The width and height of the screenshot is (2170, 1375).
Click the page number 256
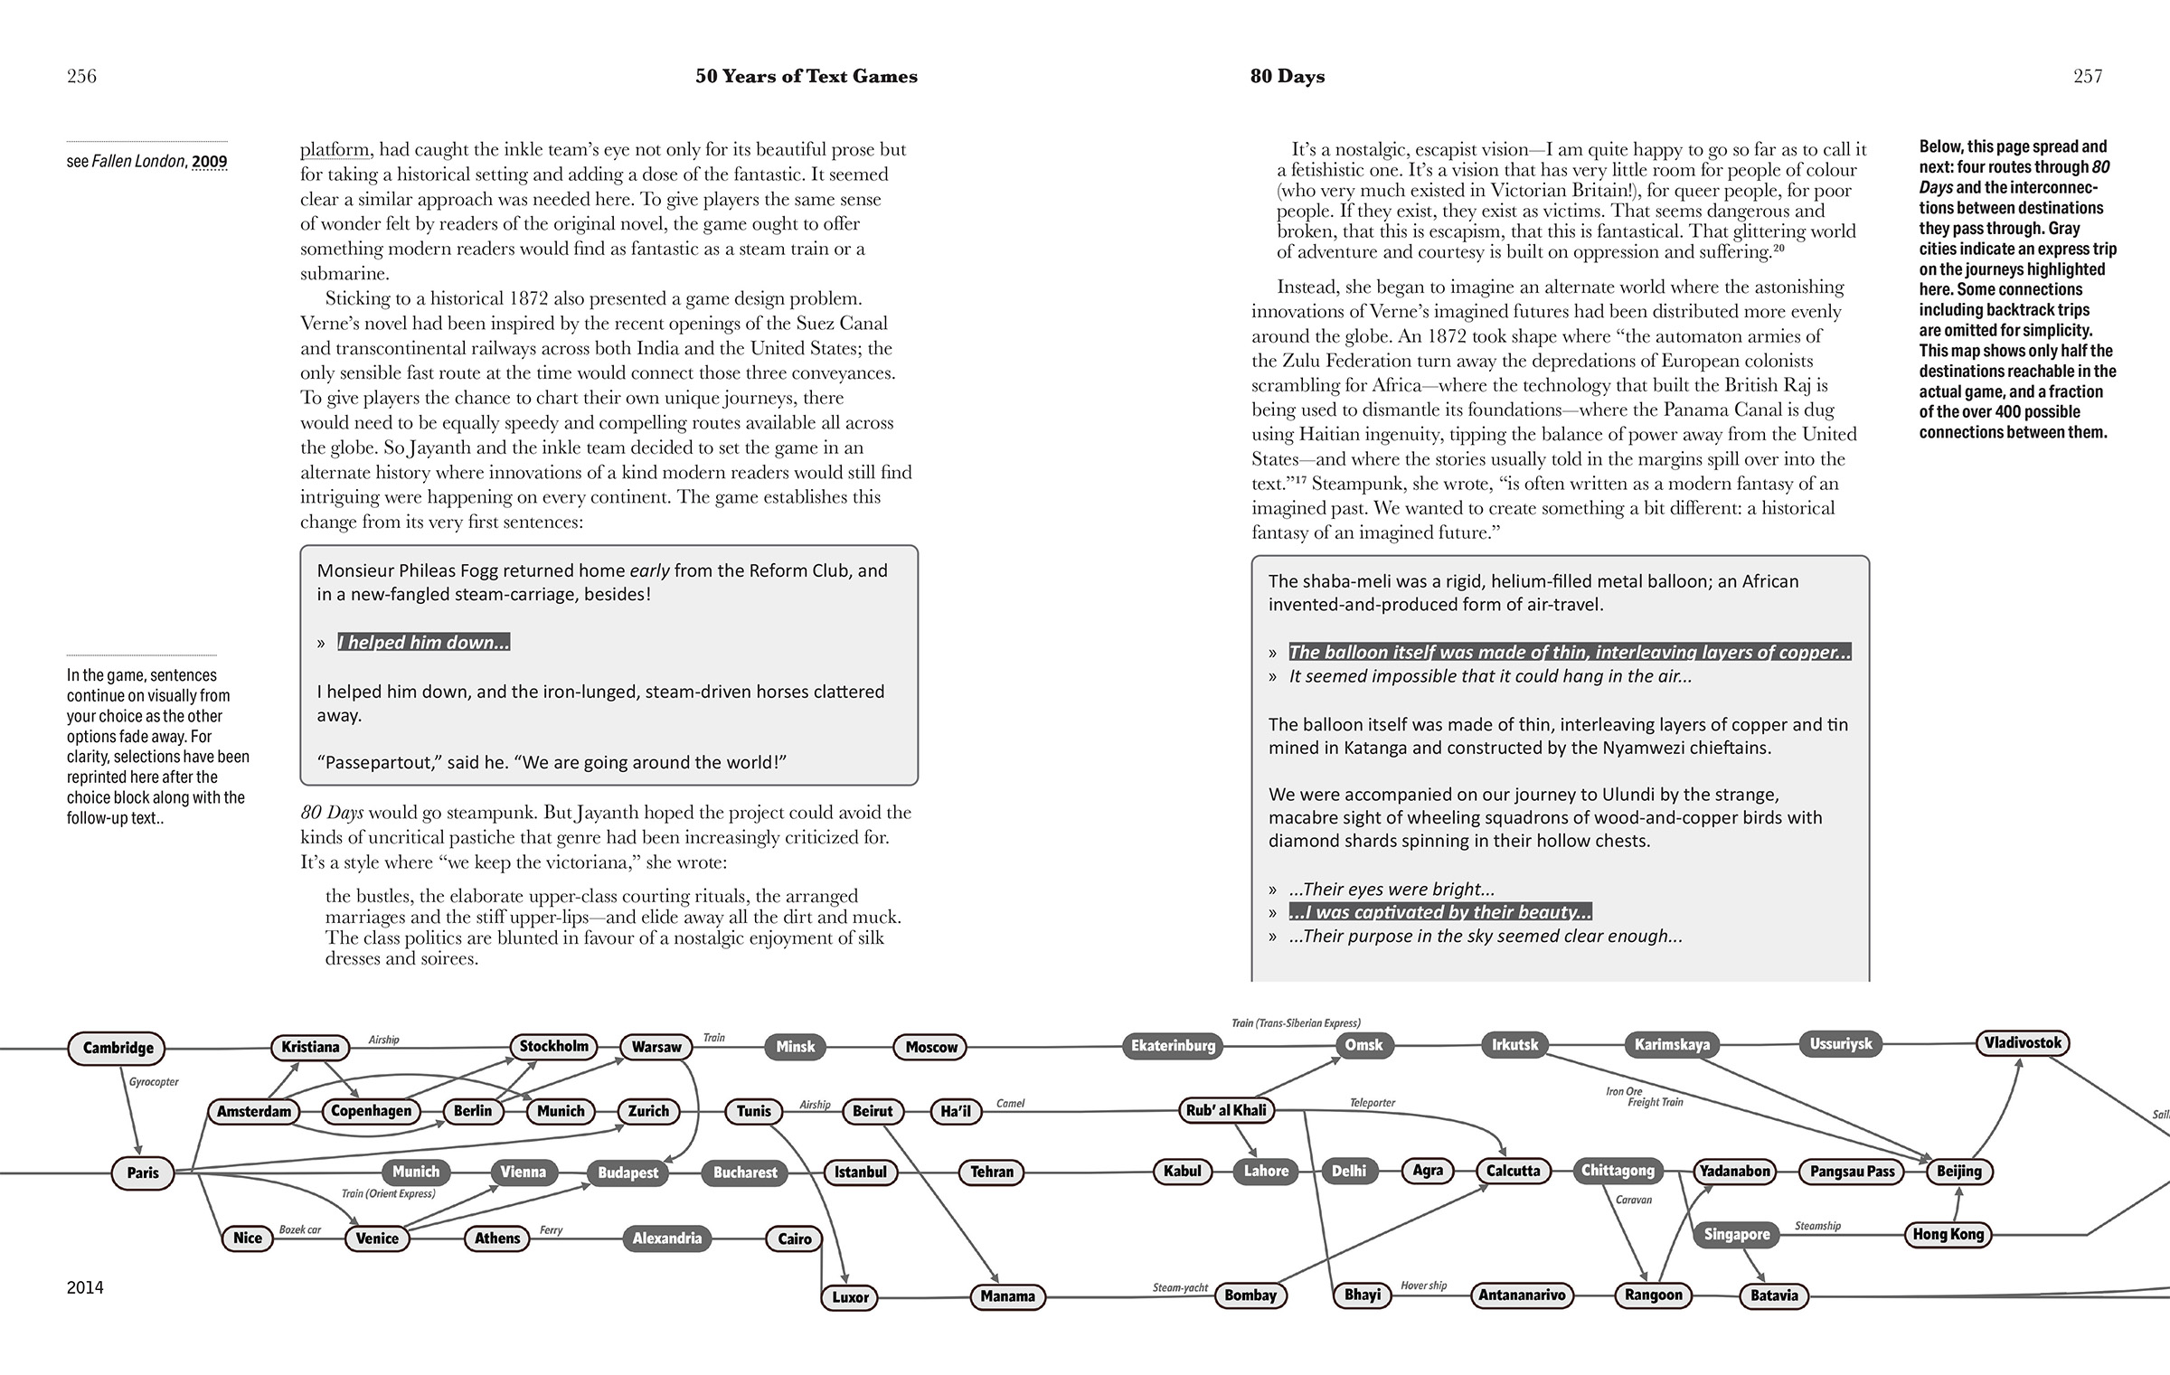point(81,77)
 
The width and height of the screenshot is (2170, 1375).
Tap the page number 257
point(2088,77)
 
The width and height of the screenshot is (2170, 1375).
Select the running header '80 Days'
point(1288,77)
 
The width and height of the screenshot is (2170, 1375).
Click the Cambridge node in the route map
point(118,1048)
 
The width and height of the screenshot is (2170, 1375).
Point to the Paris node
point(143,1173)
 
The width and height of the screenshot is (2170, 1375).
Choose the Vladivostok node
point(2023,1043)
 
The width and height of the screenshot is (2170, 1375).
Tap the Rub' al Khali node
point(1227,1110)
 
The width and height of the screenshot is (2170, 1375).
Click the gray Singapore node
point(1736,1234)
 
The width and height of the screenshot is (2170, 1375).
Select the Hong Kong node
point(1948,1234)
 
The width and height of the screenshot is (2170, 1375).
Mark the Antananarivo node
point(1522,1295)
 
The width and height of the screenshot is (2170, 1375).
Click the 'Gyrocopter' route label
point(154,1082)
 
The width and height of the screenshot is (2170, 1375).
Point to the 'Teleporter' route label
point(1372,1103)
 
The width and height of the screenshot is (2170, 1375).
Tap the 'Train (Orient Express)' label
point(388,1194)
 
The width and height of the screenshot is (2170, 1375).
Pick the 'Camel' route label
point(1010,1104)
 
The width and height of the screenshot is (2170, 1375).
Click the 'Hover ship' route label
point(1423,1286)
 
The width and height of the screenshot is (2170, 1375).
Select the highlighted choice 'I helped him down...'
point(423,643)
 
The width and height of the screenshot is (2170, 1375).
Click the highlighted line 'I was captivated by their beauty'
point(1440,912)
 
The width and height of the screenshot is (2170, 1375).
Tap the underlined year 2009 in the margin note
point(209,162)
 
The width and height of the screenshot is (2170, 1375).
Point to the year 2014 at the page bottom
point(85,1287)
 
